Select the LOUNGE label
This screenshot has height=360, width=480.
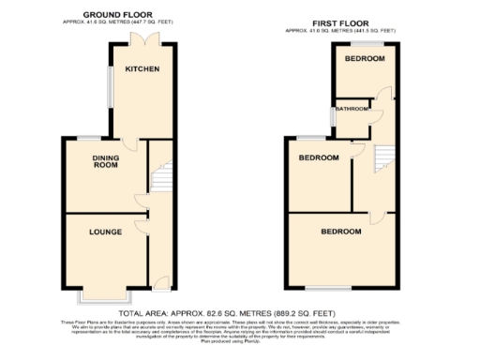(106, 231)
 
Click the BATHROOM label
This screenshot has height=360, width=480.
(353, 110)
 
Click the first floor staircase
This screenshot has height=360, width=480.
(382, 158)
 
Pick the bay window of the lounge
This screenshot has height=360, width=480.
(105, 297)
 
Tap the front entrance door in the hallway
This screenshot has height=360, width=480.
(160, 284)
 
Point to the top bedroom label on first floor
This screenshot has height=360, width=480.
(364, 58)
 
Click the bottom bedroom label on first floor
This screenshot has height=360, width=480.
(341, 231)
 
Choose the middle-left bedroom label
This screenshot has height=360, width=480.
(319, 157)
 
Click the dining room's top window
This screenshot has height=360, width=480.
(90, 139)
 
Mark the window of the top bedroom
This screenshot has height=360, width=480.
(364, 42)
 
